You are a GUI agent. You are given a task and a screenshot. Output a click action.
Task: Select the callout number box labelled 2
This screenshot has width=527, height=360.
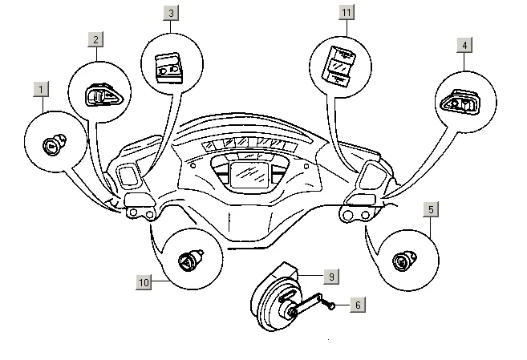[95, 39]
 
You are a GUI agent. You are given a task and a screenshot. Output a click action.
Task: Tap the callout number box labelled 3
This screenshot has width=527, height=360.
[171, 13]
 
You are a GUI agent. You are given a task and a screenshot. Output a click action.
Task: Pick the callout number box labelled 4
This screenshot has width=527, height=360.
[464, 45]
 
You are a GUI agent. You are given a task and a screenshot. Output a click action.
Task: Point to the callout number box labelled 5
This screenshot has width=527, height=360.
[432, 210]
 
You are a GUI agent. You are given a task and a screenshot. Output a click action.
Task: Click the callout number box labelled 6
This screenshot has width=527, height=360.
[358, 305]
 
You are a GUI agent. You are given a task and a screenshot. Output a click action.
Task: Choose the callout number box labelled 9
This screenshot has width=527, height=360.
[330, 276]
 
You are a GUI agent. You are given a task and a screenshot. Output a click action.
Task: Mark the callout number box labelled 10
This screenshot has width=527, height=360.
[144, 282]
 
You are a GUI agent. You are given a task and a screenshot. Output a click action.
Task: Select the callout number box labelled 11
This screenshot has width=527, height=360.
[346, 13]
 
